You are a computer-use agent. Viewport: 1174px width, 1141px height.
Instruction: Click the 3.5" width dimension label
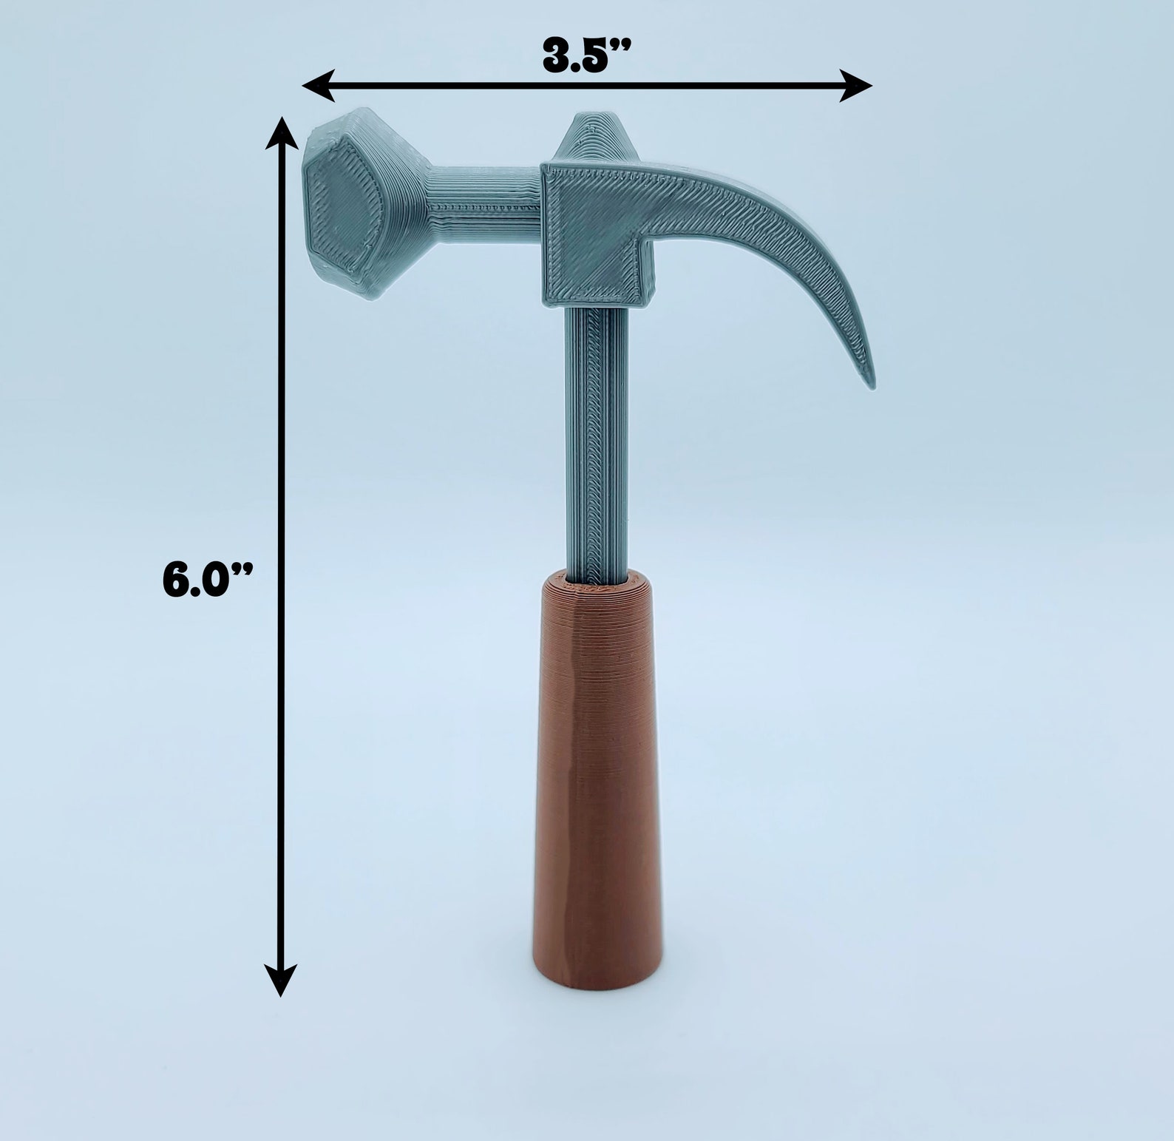click(x=587, y=55)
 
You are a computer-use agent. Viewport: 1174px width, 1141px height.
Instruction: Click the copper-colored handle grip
click(x=596, y=776)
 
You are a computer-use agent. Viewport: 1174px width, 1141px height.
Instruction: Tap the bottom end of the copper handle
click(x=596, y=980)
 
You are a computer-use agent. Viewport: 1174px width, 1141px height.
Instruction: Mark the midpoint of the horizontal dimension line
click(x=588, y=85)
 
